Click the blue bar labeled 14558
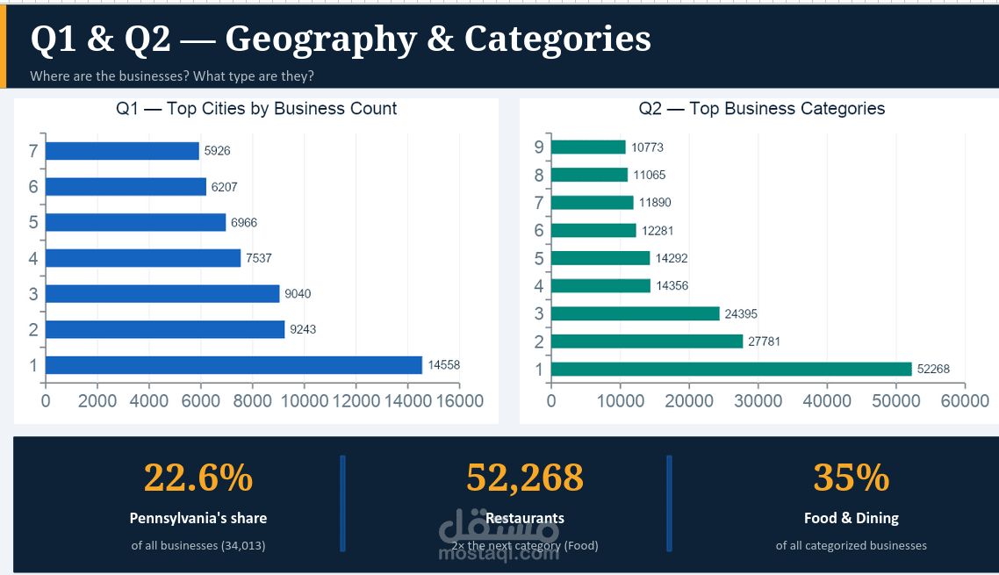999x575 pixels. (233, 365)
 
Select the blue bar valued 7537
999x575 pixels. (143, 258)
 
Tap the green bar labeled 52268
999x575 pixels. (732, 370)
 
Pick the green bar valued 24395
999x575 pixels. (635, 313)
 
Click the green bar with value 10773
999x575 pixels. (588, 147)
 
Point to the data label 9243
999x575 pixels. (303, 329)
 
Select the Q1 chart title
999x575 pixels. (256, 109)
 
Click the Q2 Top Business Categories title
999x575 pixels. (762, 109)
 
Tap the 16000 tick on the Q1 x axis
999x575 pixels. (459, 401)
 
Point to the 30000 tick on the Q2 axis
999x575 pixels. (758, 401)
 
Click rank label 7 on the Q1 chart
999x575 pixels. (33, 151)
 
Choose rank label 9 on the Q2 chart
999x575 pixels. (539, 147)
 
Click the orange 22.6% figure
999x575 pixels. (198, 478)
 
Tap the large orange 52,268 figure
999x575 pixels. (524, 478)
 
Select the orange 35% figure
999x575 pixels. (851, 478)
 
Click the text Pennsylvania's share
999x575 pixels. (198, 518)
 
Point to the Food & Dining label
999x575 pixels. (851, 518)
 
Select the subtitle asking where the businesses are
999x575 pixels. (172, 76)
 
